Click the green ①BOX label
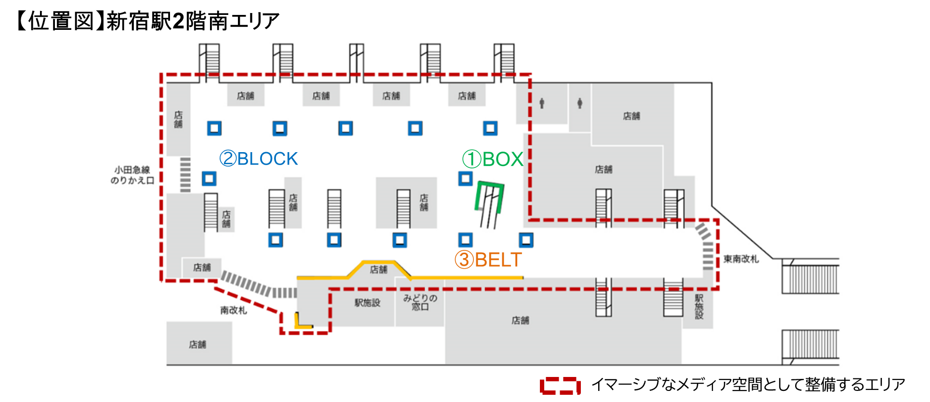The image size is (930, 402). tap(493, 159)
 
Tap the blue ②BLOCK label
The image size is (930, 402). tap(259, 159)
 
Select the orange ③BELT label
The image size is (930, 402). tap(488, 260)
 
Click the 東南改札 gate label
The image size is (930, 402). tap(741, 259)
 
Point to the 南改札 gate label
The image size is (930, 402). tap(234, 311)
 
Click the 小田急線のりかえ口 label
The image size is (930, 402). tap(132, 175)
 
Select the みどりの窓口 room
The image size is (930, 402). tap(420, 303)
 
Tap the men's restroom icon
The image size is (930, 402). tap(542, 103)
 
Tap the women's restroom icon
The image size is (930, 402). tap(580, 103)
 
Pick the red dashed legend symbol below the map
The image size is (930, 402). tap(560, 386)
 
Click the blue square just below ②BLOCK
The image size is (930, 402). tap(209, 179)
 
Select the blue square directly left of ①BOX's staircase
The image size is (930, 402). tap(465, 179)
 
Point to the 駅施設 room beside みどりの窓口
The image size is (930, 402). tap(367, 303)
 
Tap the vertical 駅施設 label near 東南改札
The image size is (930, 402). tap(699, 307)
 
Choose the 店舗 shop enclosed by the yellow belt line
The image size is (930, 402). tap(379, 270)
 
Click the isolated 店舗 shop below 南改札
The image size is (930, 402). tap(198, 344)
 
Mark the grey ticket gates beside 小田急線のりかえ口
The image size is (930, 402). tap(185, 174)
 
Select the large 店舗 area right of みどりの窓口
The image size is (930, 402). tap(520, 320)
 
